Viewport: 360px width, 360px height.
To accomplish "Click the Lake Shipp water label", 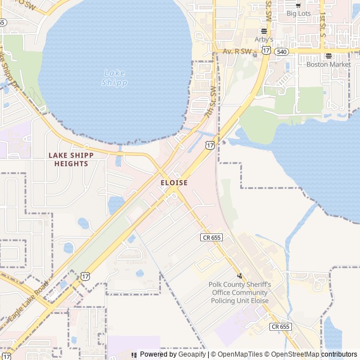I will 114,78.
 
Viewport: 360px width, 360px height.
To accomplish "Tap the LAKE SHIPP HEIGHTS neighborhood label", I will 71,159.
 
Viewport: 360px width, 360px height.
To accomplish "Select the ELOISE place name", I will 174,183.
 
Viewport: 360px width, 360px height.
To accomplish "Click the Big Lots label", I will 299,13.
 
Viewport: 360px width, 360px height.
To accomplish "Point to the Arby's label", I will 263,39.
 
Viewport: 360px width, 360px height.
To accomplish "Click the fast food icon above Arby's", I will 263,30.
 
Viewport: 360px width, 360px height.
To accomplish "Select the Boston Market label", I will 328,64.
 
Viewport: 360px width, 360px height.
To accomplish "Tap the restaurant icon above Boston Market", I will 328,55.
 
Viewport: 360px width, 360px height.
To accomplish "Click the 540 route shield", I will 282,51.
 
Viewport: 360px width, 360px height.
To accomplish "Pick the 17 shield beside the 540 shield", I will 265,51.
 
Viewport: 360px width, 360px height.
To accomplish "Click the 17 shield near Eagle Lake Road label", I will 85,276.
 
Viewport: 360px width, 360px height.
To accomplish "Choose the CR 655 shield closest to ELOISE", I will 211,238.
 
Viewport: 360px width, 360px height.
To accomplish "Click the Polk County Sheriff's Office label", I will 240,292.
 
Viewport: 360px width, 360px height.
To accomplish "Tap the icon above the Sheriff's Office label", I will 240,276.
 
